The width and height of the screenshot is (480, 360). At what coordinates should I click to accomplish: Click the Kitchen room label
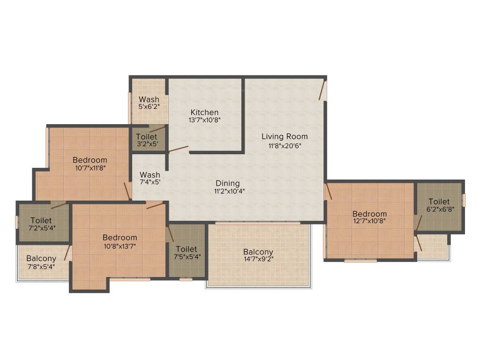coord(204,112)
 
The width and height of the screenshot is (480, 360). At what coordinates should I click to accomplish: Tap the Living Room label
coord(285,136)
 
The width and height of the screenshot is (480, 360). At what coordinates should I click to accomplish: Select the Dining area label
coord(228,183)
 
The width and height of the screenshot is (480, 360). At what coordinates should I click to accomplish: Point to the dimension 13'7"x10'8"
coord(204,120)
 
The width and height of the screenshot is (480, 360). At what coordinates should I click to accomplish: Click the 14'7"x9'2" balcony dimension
coord(258,259)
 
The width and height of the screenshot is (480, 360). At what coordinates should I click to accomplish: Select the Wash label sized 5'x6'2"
coord(149,99)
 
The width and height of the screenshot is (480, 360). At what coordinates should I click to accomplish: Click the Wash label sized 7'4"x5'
coord(150,175)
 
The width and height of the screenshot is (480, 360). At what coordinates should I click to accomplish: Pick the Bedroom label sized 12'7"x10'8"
coord(370,214)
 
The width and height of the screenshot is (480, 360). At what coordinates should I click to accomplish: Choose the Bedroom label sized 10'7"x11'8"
coord(90,160)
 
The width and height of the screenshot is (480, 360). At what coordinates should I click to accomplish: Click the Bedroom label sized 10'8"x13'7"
coord(120,237)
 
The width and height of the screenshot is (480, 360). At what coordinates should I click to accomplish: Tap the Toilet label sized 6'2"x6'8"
coord(439,202)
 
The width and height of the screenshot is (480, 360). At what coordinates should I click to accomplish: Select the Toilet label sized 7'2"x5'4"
coord(41,220)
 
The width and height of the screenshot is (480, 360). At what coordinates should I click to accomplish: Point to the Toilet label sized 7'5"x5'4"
coord(187,249)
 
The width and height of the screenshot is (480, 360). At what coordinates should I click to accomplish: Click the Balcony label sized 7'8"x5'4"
coord(41,258)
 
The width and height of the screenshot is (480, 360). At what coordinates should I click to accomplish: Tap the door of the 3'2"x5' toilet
coord(157,129)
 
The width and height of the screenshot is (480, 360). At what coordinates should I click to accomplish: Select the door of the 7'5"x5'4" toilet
coord(171,233)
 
